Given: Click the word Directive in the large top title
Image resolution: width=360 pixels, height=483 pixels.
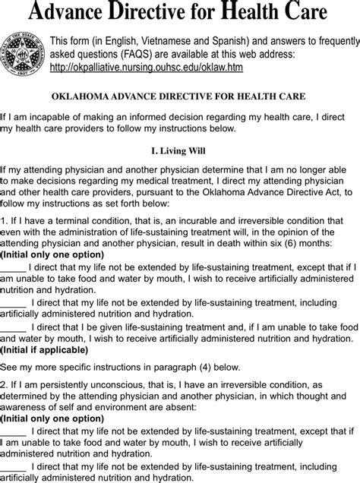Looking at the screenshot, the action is pos(150,13).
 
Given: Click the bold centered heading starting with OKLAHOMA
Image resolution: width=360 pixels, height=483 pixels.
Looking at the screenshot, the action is pos(180,96).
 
